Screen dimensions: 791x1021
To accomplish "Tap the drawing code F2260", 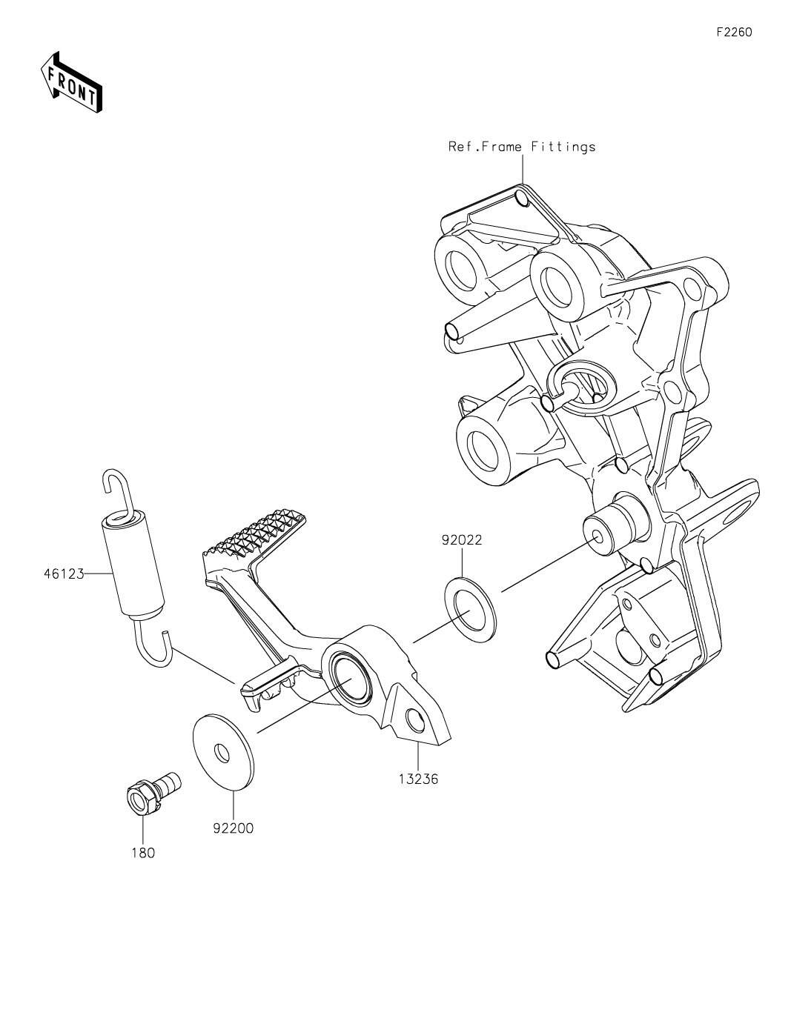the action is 734,32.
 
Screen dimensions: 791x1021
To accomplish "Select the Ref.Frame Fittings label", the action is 522,147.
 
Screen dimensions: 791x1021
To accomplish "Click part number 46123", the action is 64,573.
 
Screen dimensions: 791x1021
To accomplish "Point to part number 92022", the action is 462,540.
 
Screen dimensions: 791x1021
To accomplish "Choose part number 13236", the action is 418,779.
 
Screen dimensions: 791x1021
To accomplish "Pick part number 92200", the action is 233,828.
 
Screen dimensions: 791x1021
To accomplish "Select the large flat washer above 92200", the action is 224,754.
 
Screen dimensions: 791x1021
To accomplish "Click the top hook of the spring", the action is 117,492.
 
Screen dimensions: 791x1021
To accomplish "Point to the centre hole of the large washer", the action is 222,754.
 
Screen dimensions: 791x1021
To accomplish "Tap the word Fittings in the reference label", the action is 563,147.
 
